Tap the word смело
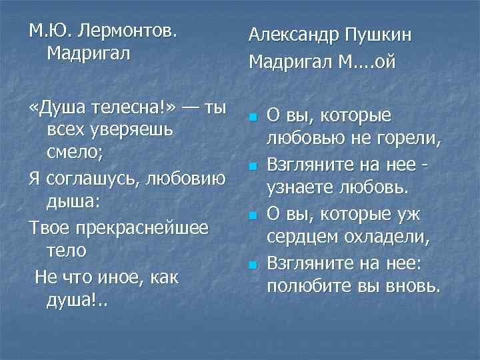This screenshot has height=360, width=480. (74, 153)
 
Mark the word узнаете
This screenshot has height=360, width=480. (299, 188)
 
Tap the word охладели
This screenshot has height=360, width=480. (393, 237)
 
